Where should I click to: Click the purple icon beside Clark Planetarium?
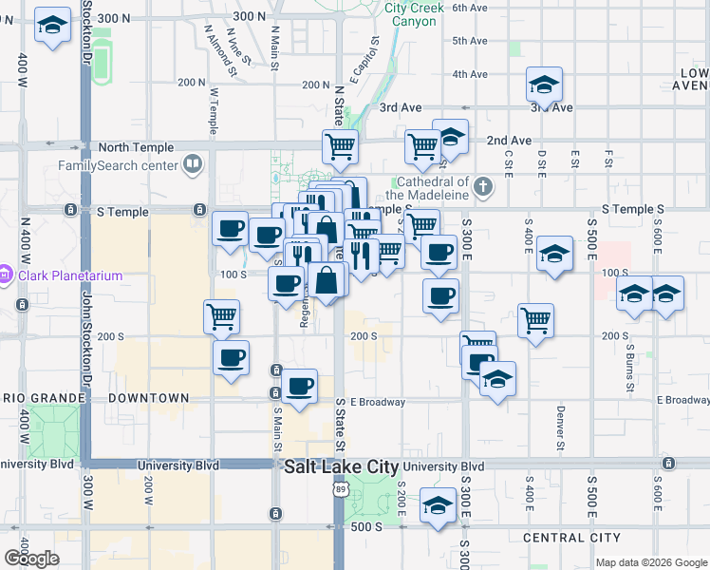[x=6, y=276]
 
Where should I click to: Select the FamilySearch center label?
[x=118, y=165]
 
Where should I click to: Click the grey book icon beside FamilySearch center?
[x=194, y=165]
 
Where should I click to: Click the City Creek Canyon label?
[x=413, y=13]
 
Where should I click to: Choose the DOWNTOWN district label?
[x=149, y=397]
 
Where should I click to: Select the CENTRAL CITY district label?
[x=571, y=538]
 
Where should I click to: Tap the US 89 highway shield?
[x=340, y=488]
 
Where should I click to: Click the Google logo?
[x=31, y=559]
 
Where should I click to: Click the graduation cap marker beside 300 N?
[x=52, y=26]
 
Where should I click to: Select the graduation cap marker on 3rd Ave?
[x=545, y=85]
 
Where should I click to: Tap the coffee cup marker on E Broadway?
[x=300, y=387]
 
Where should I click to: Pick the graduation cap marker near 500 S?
[x=438, y=507]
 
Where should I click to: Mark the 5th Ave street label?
[x=469, y=41]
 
